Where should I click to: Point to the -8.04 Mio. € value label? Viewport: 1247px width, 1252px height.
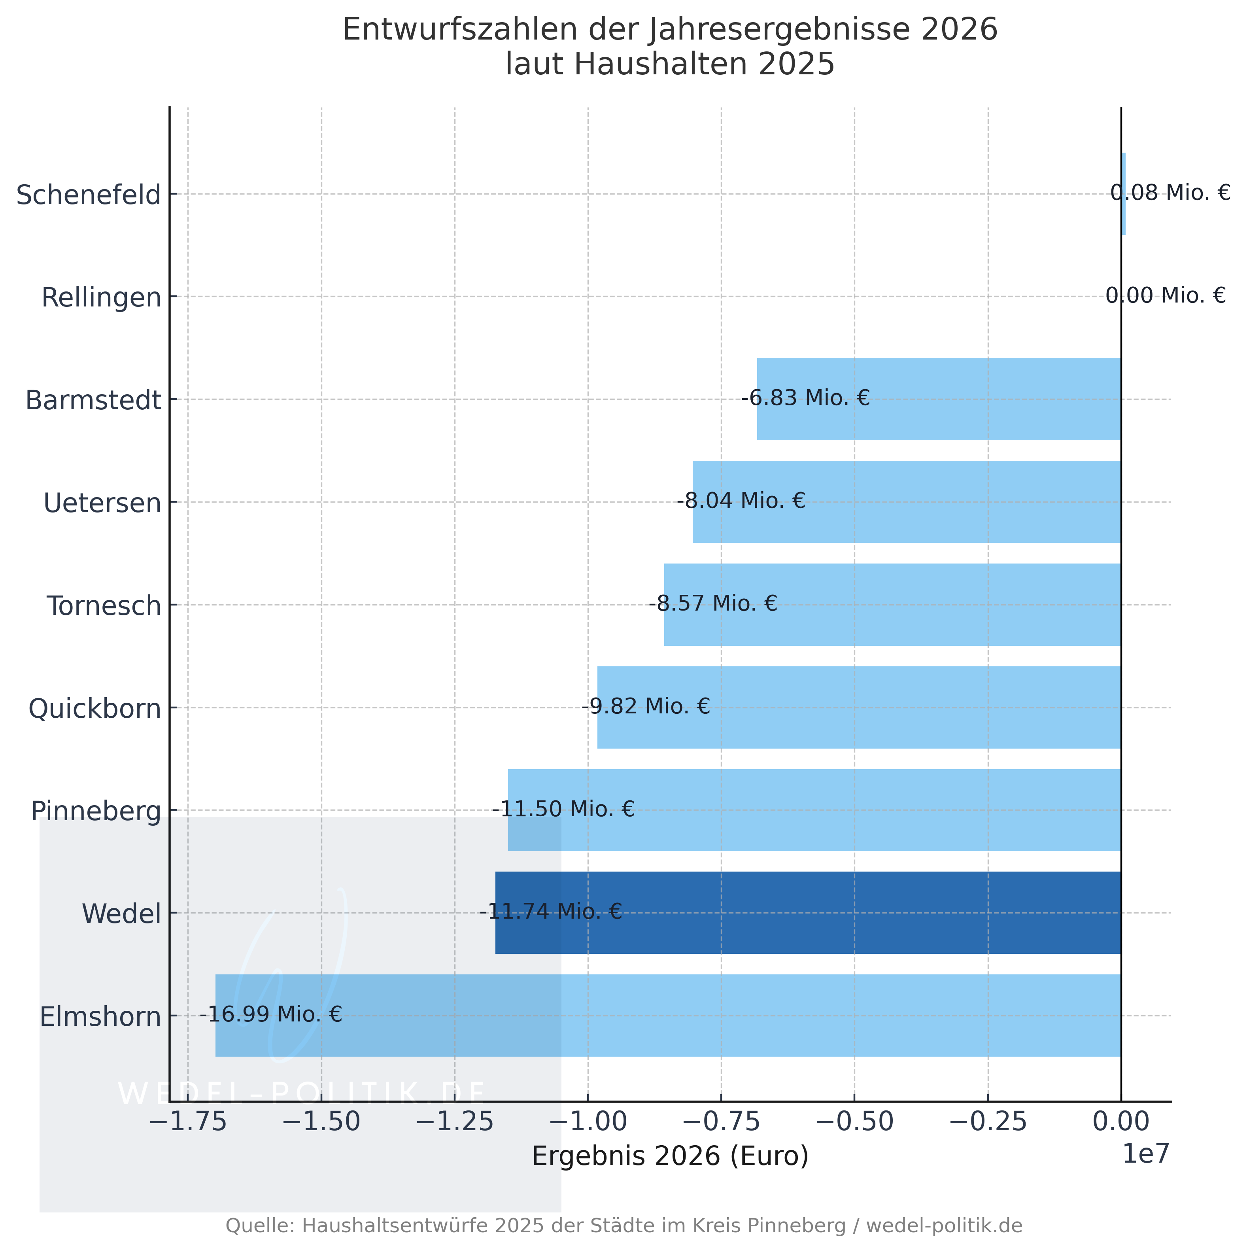pyautogui.click(x=741, y=500)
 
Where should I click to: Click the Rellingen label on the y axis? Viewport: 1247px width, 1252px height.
pyautogui.click(x=101, y=297)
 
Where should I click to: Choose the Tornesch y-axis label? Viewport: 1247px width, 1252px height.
pyautogui.click(x=104, y=606)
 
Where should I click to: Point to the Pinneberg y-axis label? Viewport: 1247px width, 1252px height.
pyautogui.click(x=96, y=811)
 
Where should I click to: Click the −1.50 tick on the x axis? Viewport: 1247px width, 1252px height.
pyautogui.click(x=321, y=1121)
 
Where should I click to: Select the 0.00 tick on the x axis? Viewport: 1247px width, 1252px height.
pyautogui.click(x=1121, y=1121)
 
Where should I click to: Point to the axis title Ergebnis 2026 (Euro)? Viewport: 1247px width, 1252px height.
pyautogui.click(x=670, y=1156)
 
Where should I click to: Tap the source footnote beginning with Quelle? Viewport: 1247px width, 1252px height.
pyautogui.click(x=623, y=1226)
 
